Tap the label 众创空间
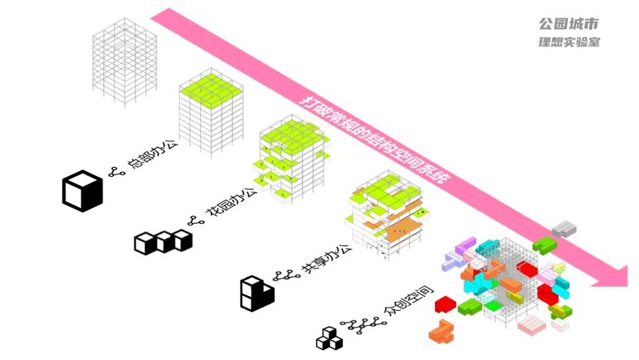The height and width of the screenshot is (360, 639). (x=408, y=304)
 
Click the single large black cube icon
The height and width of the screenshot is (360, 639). (x=82, y=192)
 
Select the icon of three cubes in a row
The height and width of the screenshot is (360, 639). (x=163, y=242)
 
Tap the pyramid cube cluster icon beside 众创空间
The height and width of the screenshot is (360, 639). (x=330, y=338)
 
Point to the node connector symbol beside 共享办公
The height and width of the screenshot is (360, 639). (x=287, y=275)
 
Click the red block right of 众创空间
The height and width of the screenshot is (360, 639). (x=444, y=305)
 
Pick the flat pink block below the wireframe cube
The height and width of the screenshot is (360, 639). (x=531, y=325)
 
